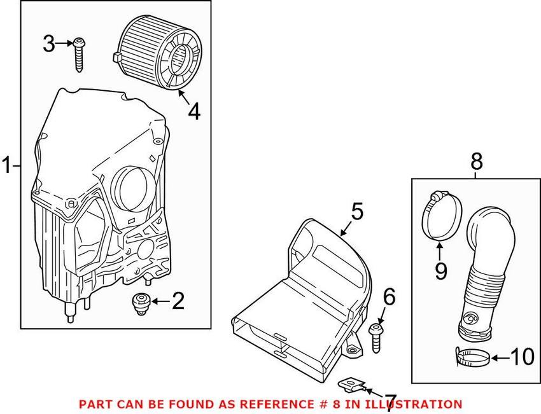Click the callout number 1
coord(6,167)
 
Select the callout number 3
coord(49,44)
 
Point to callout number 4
coord(193,111)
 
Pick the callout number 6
coord(389,296)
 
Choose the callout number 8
coord(476,162)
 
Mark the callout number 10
coord(522,357)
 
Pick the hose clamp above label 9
coord(439,217)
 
